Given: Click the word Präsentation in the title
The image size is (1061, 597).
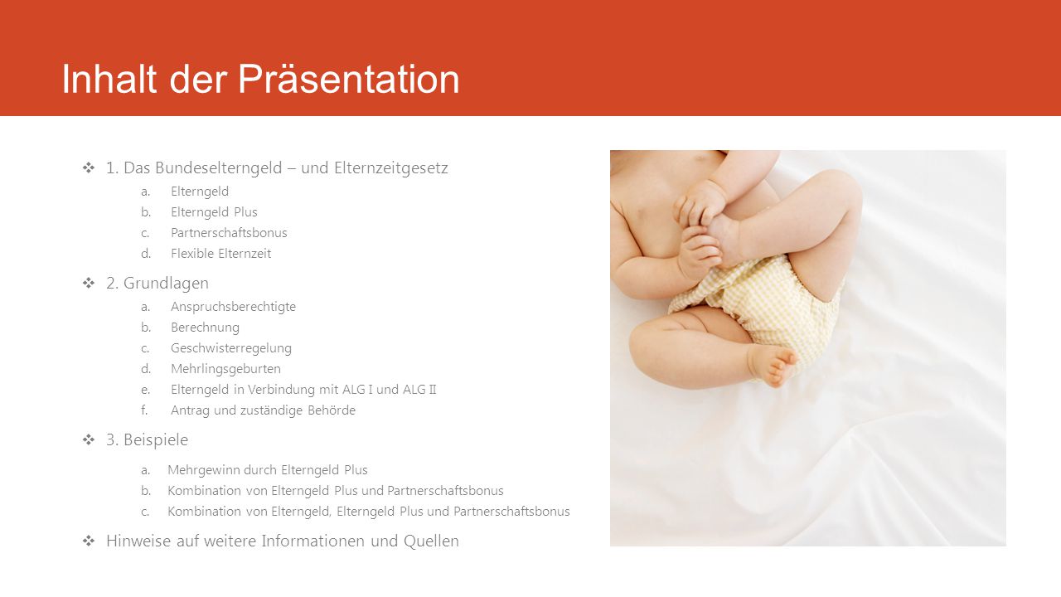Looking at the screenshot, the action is [349, 79].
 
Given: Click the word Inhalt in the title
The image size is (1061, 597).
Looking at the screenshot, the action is [109, 79].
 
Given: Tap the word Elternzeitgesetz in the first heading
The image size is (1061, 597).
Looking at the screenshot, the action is [390, 167].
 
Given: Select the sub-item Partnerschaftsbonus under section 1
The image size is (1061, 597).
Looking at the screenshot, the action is [229, 233].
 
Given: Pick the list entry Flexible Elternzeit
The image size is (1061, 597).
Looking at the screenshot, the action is [220, 254].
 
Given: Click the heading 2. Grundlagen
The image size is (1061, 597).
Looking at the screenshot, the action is [157, 284].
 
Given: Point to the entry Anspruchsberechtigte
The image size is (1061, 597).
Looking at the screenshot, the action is [233, 307].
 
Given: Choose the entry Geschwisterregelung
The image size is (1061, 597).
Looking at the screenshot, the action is [231, 348].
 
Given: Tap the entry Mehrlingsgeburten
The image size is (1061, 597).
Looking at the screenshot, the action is [225, 369].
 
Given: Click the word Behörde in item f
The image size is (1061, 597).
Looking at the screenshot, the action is [331, 410].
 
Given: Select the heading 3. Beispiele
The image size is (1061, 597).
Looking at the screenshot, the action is [147, 440].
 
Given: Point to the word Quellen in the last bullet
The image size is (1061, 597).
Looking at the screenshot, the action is [431, 541].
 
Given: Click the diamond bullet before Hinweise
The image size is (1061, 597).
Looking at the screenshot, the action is [89, 541].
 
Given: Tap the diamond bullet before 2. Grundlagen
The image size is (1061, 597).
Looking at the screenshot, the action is [89, 283].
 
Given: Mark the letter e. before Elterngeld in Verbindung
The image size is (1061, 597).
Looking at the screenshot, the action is [145, 390].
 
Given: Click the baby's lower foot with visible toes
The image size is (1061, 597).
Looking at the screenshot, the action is [772, 364].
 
